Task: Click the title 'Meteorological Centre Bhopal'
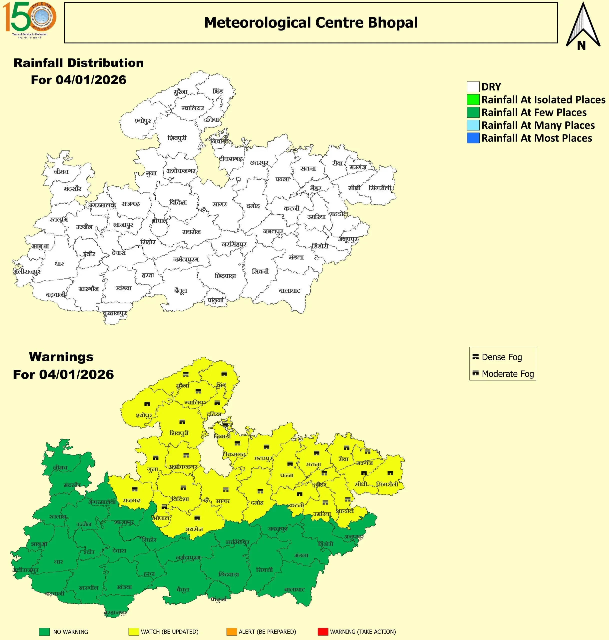pyautogui.click(x=311, y=23)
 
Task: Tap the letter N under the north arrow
pyautogui.click(x=581, y=46)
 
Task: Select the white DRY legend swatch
pyautogui.click(x=473, y=87)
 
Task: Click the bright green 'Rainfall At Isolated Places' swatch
pyautogui.click(x=473, y=99)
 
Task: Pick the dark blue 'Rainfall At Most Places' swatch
pyautogui.click(x=473, y=138)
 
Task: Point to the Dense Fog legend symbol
pyautogui.click(x=476, y=356)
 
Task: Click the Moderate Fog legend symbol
pyautogui.click(x=476, y=373)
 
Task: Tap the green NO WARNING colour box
pyautogui.click(x=44, y=631)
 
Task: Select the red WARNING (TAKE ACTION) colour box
pyautogui.click(x=323, y=631)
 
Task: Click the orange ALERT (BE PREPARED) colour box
pyautogui.click(x=232, y=631)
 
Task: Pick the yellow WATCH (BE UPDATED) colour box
pyautogui.click(x=133, y=631)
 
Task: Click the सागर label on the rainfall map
pyautogui.click(x=220, y=204)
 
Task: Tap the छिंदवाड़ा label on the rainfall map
pyautogui.click(x=225, y=276)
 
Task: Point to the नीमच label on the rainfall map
pyautogui.click(x=61, y=171)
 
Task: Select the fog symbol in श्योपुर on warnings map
pyautogui.click(x=147, y=404)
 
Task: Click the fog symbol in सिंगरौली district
pyautogui.click(x=390, y=473)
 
